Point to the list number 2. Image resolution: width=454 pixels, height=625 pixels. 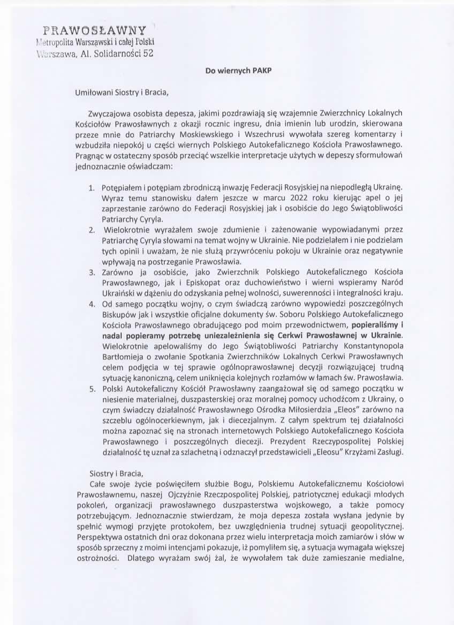(x=92, y=229)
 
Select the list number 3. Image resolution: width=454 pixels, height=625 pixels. (x=92, y=272)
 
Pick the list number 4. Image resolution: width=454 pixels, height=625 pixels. (x=92, y=304)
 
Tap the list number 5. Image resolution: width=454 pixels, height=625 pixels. (x=92, y=387)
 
